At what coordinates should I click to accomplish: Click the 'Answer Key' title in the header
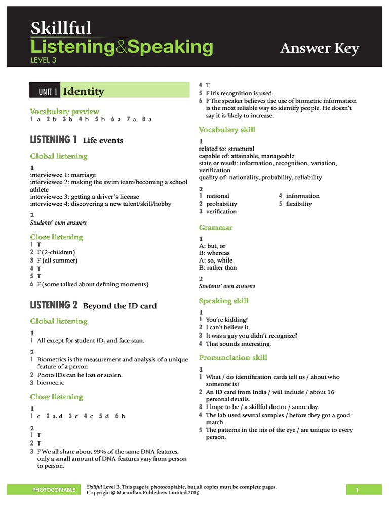click(319, 48)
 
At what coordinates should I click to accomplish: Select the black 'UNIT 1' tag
click(48, 92)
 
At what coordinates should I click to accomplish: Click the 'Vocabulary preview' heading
click(64, 111)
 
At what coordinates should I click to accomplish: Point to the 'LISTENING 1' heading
click(53, 140)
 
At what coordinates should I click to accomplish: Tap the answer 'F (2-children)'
click(56, 252)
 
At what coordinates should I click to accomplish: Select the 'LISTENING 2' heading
click(54, 305)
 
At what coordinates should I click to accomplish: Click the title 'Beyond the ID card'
click(120, 306)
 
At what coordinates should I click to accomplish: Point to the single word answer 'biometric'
click(51, 383)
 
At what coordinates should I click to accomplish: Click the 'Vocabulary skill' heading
click(227, 130)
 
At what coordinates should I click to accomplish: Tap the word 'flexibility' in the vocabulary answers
click(299, 204)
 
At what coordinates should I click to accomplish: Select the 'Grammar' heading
click(216, 228)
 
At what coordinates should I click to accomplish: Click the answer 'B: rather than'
click(218, 267)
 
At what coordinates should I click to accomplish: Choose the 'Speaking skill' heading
click(223, 301)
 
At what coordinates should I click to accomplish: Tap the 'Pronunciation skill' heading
click(233, 357)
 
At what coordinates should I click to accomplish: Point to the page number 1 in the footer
click(357, 490)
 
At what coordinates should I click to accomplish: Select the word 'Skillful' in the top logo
click(61, 28)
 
